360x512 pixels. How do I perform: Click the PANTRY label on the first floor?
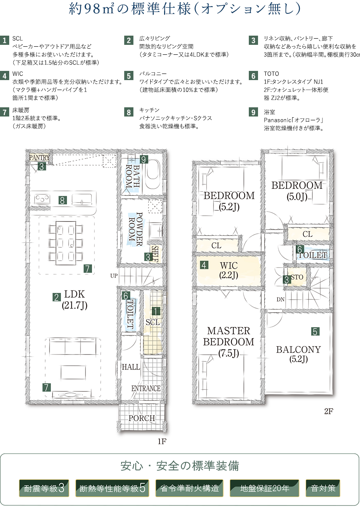point(39,158)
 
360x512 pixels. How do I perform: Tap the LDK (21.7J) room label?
point(74,300)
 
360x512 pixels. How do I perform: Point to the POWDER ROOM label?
point(136,229)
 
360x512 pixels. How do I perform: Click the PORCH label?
point(142,418)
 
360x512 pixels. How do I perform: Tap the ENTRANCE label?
point(146,388)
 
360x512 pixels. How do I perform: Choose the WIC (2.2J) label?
point(229,270)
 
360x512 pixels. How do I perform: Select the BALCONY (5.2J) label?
point(299,354)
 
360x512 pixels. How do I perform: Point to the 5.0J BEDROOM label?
point(297,191)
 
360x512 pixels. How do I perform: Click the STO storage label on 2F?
point(297,277)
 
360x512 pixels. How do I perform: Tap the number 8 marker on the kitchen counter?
point(62,200)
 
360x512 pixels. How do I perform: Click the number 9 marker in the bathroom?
point(144,159)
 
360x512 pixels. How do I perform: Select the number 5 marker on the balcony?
point(315,331)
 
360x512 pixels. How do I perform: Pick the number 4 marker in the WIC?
point(204,265)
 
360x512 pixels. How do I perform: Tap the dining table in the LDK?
point(66,243)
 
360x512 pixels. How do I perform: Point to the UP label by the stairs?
point(114,276)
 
